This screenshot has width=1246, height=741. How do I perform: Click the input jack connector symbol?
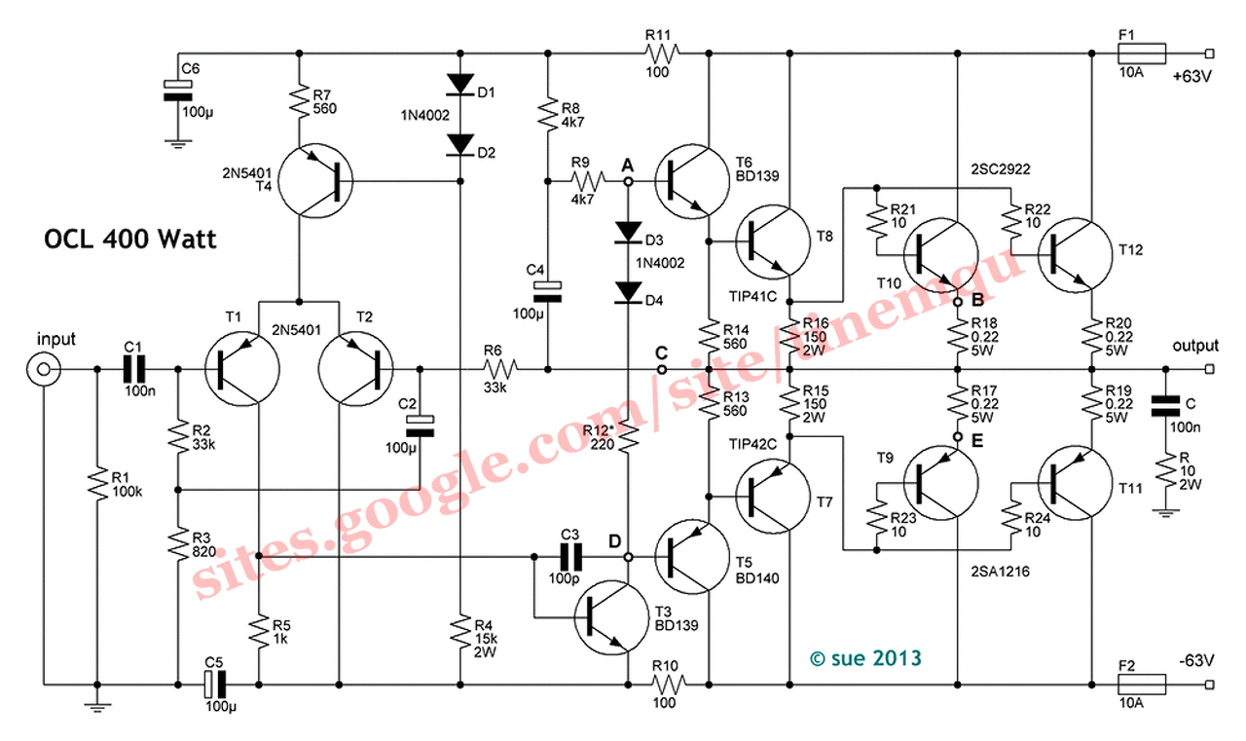click(42, 369)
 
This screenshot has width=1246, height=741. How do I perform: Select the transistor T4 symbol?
click(313, 181)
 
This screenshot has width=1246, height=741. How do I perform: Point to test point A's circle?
click(628, 181)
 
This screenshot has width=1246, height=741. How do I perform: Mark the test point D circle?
click(628, 557)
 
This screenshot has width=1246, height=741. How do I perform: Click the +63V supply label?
click(1191, 78)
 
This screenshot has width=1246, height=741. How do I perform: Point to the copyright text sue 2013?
click(863, 658)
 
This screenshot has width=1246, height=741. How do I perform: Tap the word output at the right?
click(1195, 346)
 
